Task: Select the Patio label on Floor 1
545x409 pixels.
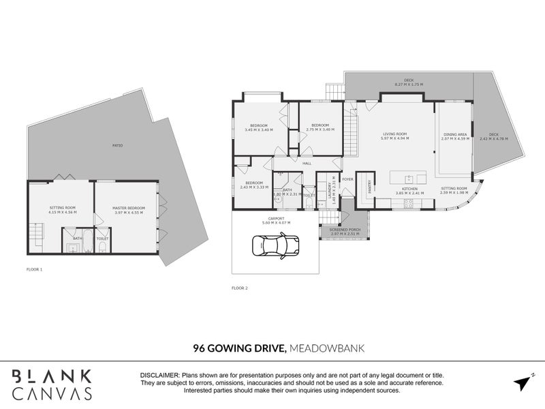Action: coord(118,145)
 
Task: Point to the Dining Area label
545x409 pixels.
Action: coord(454,134)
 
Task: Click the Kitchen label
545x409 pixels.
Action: coord(409,189)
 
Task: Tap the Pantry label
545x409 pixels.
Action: coord(370,185)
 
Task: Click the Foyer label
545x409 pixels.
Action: coord(348,180)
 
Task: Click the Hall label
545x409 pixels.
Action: coord(307,164)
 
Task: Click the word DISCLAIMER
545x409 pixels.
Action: coord(159,375)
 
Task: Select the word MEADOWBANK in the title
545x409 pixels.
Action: coord(327,348)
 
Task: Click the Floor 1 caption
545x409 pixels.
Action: coord(35,269)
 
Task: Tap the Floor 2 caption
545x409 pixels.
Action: coord(240,288)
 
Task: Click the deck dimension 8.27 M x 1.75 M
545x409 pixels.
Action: coord(409,85)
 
